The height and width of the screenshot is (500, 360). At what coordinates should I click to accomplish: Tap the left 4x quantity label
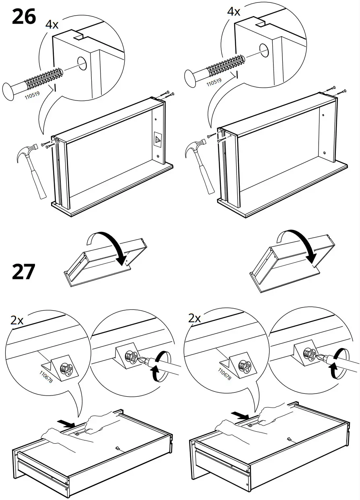pos(51,25)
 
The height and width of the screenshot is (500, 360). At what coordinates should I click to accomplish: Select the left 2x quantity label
pos(17,320)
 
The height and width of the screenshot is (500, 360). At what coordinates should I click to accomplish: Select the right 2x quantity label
pos(195,319)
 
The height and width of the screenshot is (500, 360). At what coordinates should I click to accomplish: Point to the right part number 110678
pos(224,373)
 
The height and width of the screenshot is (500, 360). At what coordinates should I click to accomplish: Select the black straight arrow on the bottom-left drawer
pos(66,423)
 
